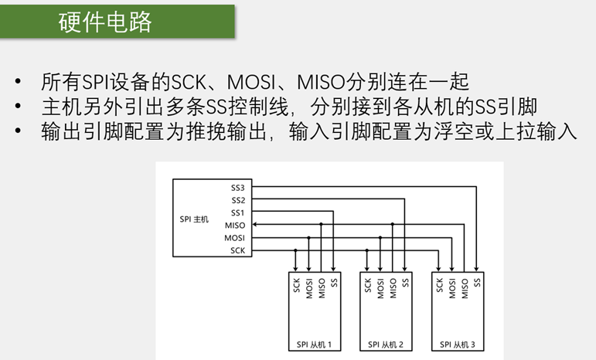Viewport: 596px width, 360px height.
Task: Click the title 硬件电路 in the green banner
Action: click(x=105, y=22)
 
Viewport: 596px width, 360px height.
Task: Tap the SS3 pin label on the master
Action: click(x=237, y=188)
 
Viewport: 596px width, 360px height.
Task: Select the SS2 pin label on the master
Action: click(x=237, y=200)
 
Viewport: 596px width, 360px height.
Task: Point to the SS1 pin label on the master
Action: click(x=237, y=212)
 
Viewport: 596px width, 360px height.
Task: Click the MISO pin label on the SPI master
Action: click(x=235, y=225)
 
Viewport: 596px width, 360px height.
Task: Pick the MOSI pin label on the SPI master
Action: click(x=235, y=238)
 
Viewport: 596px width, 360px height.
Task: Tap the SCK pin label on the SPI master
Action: click(x=237, y=250)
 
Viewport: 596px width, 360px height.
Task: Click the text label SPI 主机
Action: click(x=194, y=219)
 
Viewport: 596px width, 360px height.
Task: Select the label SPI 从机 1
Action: click(x=314, y=345)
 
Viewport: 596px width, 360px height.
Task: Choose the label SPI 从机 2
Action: click(x=386, y=345)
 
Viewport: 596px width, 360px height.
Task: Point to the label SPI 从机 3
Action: click(x=458, y=345)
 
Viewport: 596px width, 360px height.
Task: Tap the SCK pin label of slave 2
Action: click(x=368, y=286)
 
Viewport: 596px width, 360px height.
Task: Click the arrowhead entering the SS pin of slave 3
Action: click(x=477, y=269)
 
